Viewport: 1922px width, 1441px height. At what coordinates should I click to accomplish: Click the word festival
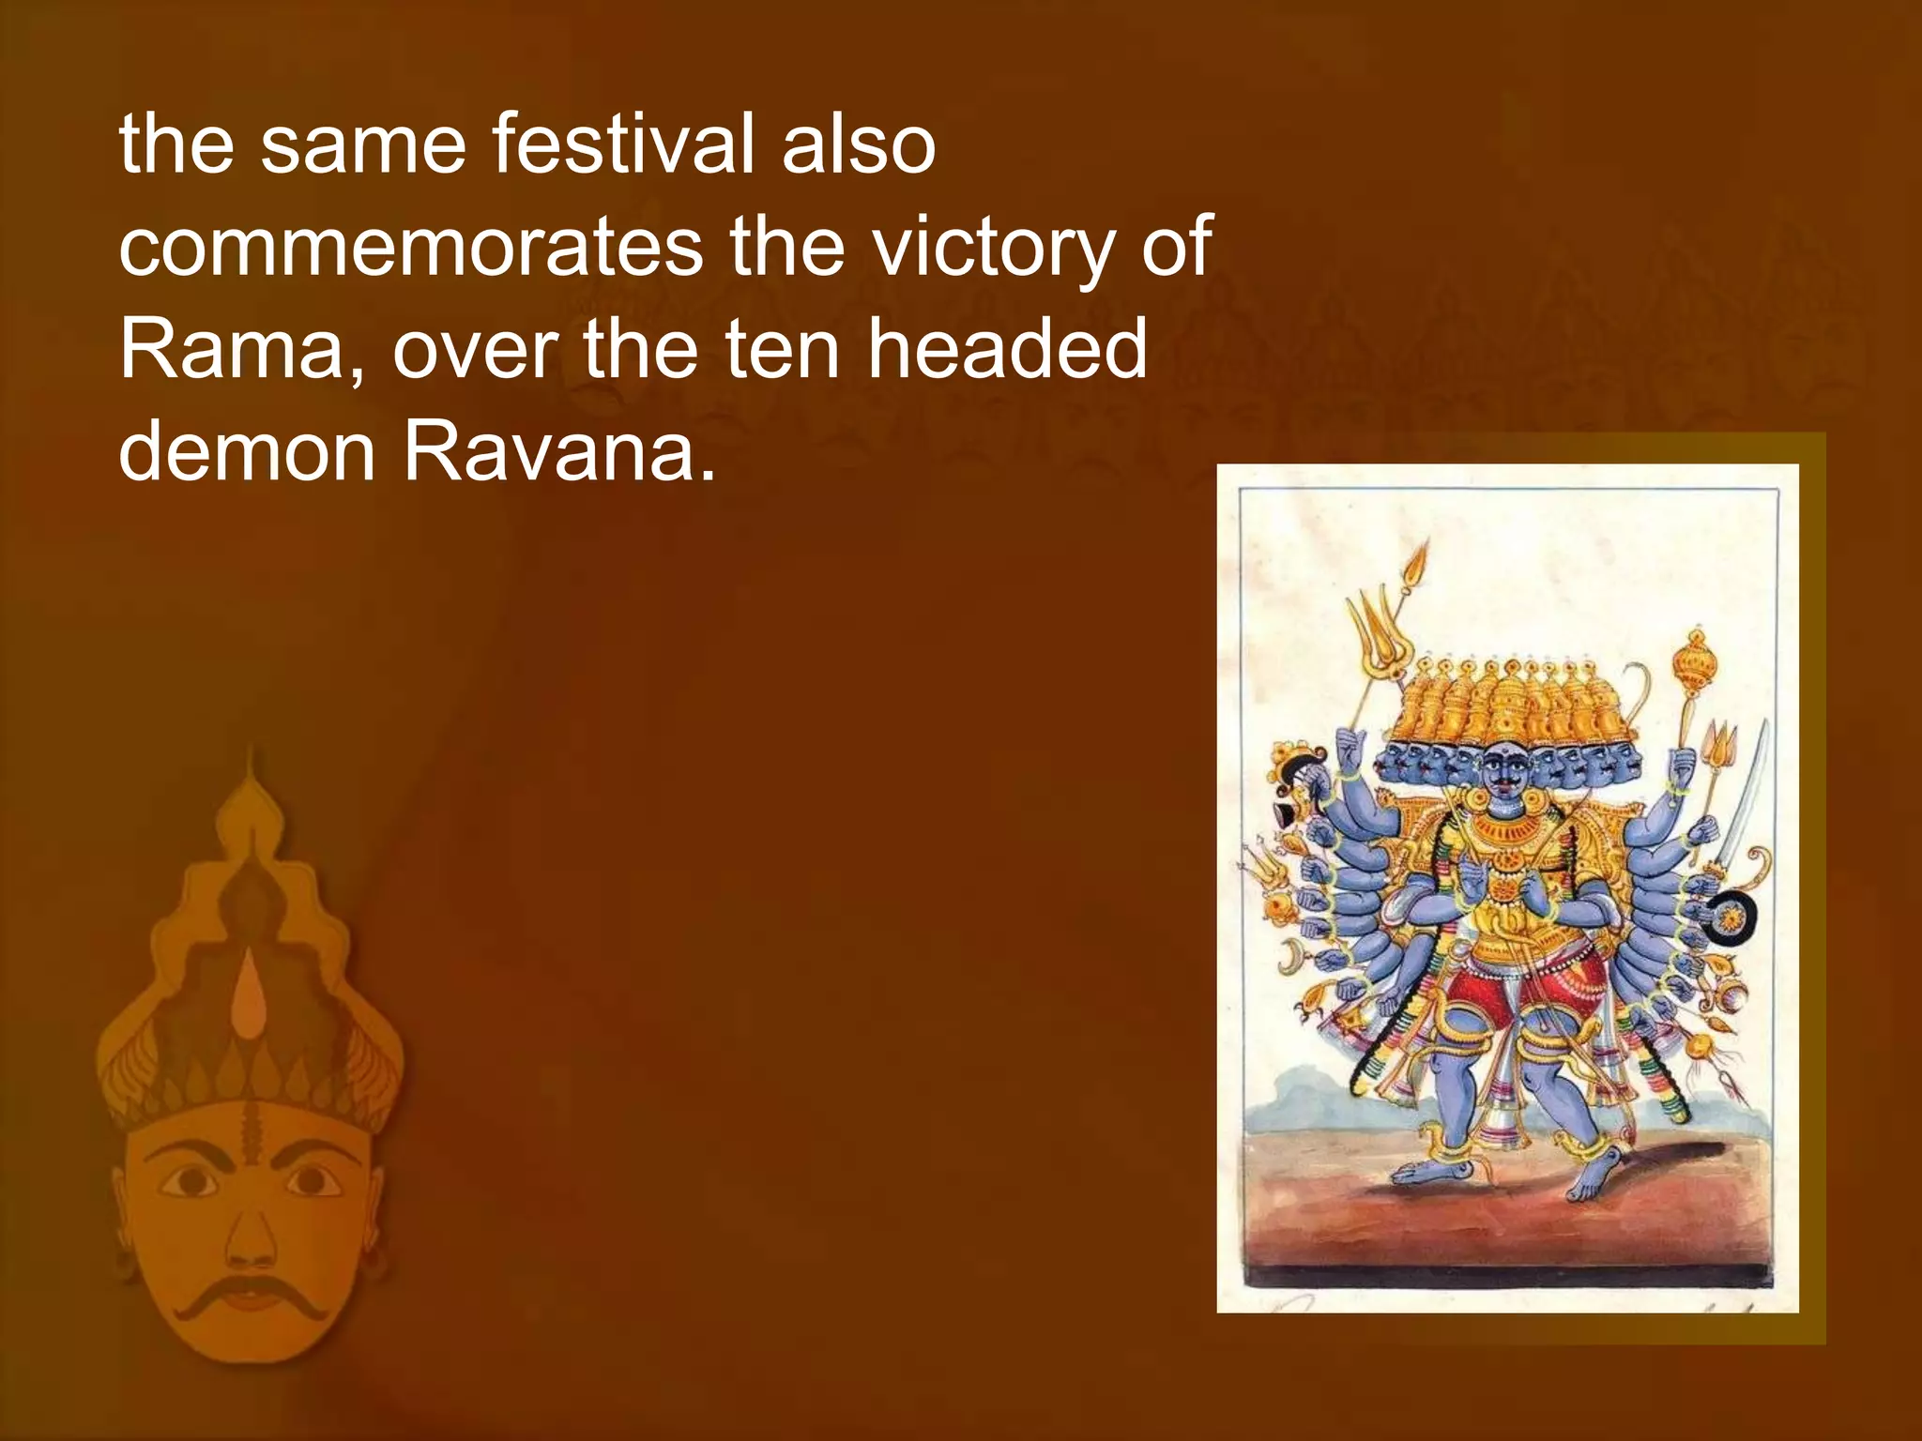tap(624, 144)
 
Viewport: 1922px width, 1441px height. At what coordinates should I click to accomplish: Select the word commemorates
tap(410, 247)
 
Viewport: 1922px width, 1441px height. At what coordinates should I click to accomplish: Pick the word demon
tap(245, 451)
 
